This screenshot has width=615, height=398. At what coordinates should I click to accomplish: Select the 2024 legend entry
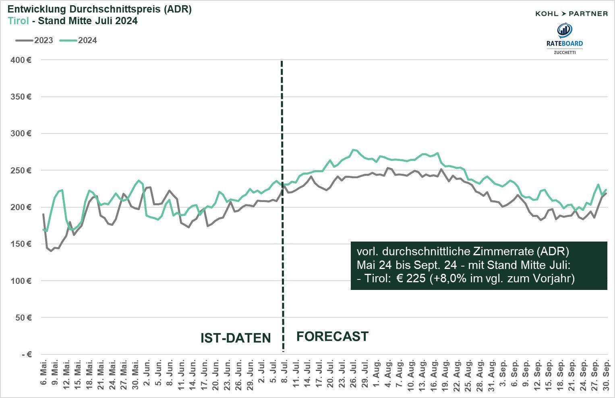[x=79, y=40]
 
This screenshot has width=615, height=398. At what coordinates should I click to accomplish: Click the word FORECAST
[x=332, y=336]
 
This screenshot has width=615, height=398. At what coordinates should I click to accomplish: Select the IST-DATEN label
[x=236, y=338]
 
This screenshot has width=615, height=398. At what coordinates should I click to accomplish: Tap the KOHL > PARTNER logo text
[x=571, y=14]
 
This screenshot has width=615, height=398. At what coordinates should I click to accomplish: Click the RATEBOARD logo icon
[x=564, y=30]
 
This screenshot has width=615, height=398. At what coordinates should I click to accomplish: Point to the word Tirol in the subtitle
[x=19, y=21]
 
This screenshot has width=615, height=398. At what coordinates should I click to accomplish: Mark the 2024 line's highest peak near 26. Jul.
[x=353, y=150]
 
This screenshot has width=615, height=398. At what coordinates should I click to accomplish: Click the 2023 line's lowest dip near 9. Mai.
[x=51, y=251]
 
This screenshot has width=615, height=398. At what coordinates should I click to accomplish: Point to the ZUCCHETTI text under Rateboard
[x=564, y=52]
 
